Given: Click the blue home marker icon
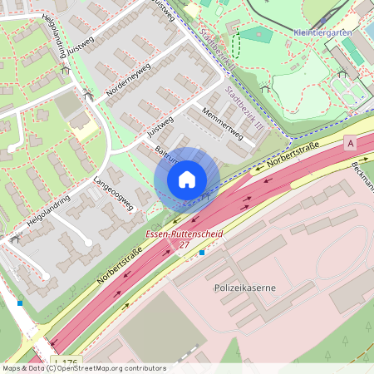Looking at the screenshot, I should (x=187, y=179).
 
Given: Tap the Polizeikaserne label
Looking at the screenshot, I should (x=244, y=288).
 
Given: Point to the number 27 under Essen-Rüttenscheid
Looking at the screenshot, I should (x=185, y=247).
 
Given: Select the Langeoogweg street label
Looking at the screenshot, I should (x=114, y=195).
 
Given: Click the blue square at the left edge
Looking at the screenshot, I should (x=20, y=303).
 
